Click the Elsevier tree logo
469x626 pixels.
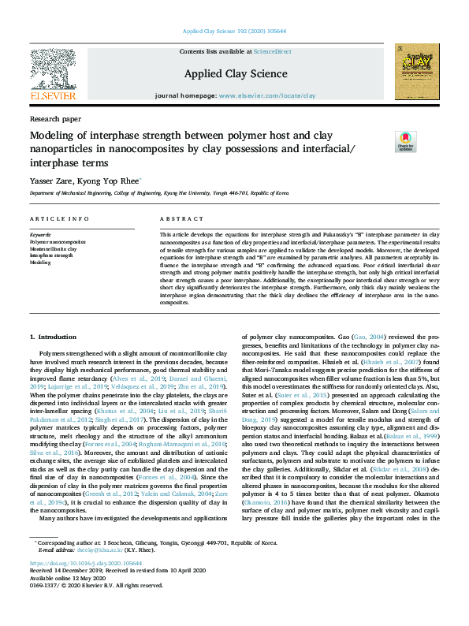[53, 72]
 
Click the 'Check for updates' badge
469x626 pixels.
[406, 141]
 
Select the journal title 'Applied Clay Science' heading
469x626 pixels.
[235, 73]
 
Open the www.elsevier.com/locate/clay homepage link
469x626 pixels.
[266, 95]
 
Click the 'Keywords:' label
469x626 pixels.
[40, 235]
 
